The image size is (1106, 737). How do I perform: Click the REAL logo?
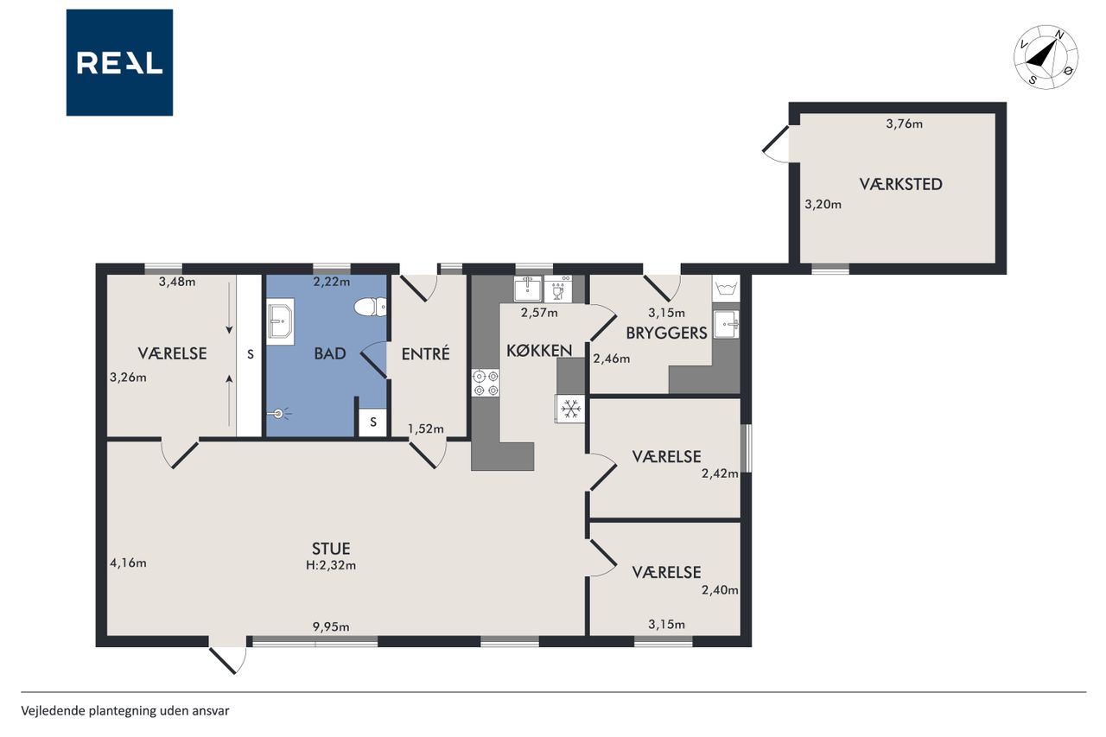pyautogui.click(x=119, y=63)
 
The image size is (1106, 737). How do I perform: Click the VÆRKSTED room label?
pyautogui.click(x=900, y=184)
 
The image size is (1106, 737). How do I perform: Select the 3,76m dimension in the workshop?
pyautogui.click(x=904, y=124)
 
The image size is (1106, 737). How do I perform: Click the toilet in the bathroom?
pyautogui.click(x=371, y=307)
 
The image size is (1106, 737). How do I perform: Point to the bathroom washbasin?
pyautogui.click(x=281, y=321)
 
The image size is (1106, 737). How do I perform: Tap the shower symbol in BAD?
pyautogui.click(x=280, y=413)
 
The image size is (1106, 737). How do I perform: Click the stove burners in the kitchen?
pyautogui.click(x=486, y=384)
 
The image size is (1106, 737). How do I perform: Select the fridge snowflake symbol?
pyautogui.click(x=570, y=409)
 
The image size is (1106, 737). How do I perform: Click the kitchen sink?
pyautogui.click(x=527, y=289)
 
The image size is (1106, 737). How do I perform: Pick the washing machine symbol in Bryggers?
pyautogui.click(x=726, y=289)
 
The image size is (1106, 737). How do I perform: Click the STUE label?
pyautogui.click(x=331, y=549)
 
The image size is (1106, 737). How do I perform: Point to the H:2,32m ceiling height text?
pyautogui.click(x=331, y=566)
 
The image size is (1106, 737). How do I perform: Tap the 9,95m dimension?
pyautogui.click(x=331, y=627)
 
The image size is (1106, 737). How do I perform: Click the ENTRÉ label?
pyautogui.click(x=425, y=353)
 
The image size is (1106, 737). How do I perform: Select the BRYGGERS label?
pyautogui.click(x=666, y=334)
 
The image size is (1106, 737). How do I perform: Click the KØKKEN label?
pyautogui.click(x=539, y=351)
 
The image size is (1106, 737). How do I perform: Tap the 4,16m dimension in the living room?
pyautogui.click(x=128, y=562)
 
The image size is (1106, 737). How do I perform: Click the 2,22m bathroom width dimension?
pyautogui.click(x=331, y=282)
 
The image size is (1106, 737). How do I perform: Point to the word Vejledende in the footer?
pyautogui.click(x=53, y=711)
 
